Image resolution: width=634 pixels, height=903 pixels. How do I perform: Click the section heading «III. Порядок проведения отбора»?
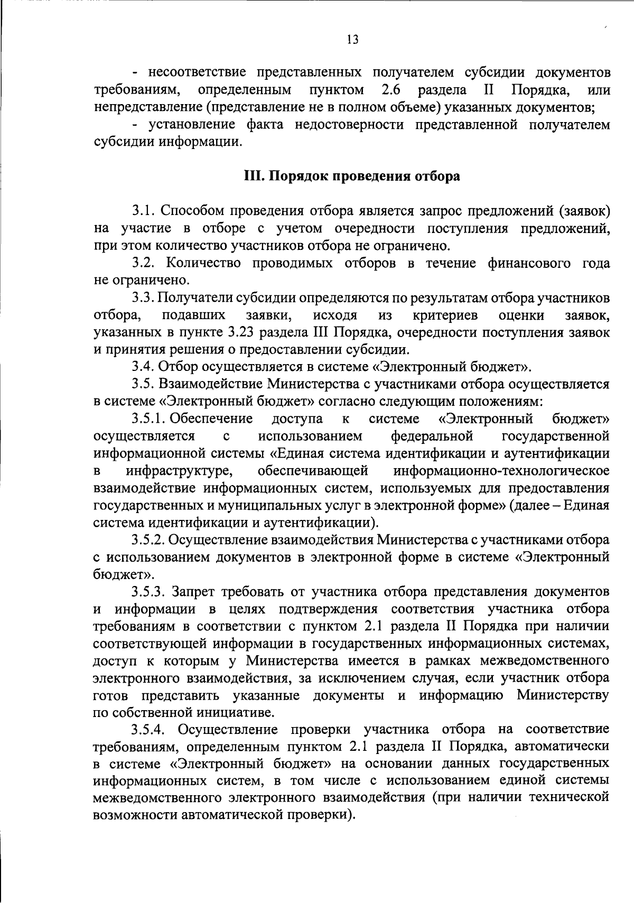click(x=351, y=176)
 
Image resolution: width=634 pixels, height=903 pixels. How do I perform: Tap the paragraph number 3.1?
click(x=143, y=211)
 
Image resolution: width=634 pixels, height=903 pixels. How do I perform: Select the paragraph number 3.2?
click(x=143, y=263)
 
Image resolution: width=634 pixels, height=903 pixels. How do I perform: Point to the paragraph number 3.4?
click(x=143, y=367)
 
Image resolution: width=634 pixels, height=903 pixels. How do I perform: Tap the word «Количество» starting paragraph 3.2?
click(x=200, y=263)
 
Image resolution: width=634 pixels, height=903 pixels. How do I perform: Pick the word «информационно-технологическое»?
click(x=501, y=470)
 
